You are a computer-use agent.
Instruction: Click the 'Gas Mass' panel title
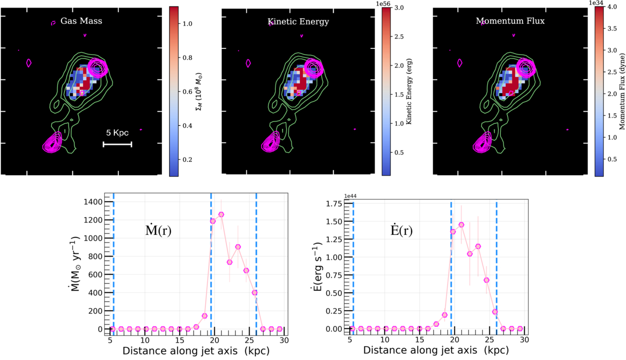tap(81, 22)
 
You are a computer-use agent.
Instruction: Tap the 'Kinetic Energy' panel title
tap(298, 22)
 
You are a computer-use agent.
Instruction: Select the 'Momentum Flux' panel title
tap(510, 21)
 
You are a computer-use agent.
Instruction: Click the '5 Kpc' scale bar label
tap(117, 133)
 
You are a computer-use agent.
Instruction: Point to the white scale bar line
tap(117, 145)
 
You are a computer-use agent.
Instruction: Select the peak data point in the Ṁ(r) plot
tap(221, 214)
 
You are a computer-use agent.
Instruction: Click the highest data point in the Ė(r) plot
tap(461, 225)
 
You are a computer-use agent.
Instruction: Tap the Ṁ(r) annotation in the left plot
tap(158, 230)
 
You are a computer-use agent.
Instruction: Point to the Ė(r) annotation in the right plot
tap(399, 230)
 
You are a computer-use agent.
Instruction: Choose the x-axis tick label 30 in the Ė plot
tap(524, 340)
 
